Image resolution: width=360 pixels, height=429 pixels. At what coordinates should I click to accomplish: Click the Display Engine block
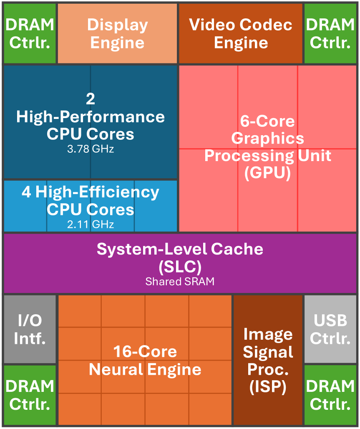(x=117, y=34)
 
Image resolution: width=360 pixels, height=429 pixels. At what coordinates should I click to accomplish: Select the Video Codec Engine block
(x=241, y=34)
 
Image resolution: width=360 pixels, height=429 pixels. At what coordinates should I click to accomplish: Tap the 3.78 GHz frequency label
(x=91, y=149)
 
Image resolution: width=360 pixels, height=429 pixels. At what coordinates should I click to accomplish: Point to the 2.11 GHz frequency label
(x=91, y=225)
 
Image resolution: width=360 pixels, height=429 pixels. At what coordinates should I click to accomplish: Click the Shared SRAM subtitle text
(x=180, y=282)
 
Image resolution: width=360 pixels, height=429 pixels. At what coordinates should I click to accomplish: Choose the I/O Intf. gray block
(x=30, y=329)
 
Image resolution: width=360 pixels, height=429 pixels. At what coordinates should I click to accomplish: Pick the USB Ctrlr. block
(x=330, y=329)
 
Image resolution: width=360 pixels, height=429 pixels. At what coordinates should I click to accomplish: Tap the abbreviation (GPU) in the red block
(x=267, y=173)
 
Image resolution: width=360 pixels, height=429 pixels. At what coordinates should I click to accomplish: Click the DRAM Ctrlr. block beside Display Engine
(x=30, y=34)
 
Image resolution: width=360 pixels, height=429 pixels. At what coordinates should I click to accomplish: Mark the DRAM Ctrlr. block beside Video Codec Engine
(x=330, y=34)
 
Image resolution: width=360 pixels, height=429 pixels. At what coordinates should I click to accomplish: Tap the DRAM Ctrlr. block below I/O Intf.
(x=30, y=395)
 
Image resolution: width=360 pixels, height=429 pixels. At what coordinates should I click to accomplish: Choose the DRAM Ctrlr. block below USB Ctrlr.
(x=330, y=395)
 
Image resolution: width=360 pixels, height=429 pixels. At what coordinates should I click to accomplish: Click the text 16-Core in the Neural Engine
(x=145, y=351)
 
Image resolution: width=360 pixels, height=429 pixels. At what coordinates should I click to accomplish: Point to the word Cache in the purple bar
(x=237, y=249)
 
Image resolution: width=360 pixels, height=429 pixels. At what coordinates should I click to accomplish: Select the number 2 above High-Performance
(x=91, y=99)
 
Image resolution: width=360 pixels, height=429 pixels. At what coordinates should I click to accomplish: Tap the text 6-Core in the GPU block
(x=267, y=121)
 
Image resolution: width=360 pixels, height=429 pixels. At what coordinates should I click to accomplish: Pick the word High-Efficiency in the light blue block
(x=97, y=192)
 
